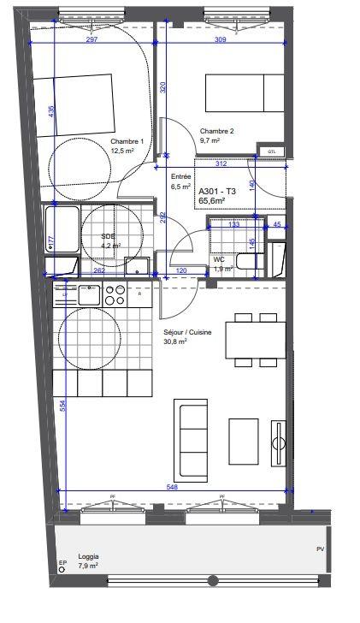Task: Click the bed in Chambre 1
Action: coord(83,104)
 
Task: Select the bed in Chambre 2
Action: coord(244,92)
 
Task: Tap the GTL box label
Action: coord(272,151)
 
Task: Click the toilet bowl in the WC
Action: coord(275,258)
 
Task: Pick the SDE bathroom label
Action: coord(109,236)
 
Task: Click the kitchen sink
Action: coord(89,296)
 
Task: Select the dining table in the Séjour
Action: coord(255,340)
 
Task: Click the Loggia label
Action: coord(86,555)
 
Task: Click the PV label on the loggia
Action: coord(320,549)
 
